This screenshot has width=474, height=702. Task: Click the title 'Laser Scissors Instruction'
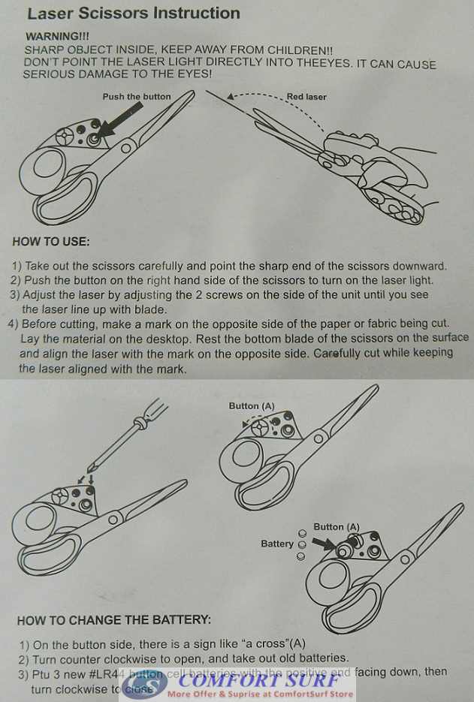pos(134,14)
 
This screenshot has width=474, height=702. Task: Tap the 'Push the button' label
pos(137,97)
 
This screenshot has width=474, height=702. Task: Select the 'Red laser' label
pos(306,97)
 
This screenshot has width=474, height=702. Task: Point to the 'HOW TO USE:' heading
pos(51,242)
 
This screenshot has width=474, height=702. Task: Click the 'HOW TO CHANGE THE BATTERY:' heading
pos(113,621)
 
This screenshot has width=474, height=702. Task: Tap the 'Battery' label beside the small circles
pos(277,544)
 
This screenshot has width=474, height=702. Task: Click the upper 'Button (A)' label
pos(252,406)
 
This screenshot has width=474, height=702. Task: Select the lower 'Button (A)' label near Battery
pos(337,527)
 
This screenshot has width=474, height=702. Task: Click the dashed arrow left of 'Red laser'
pos(255,97)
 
